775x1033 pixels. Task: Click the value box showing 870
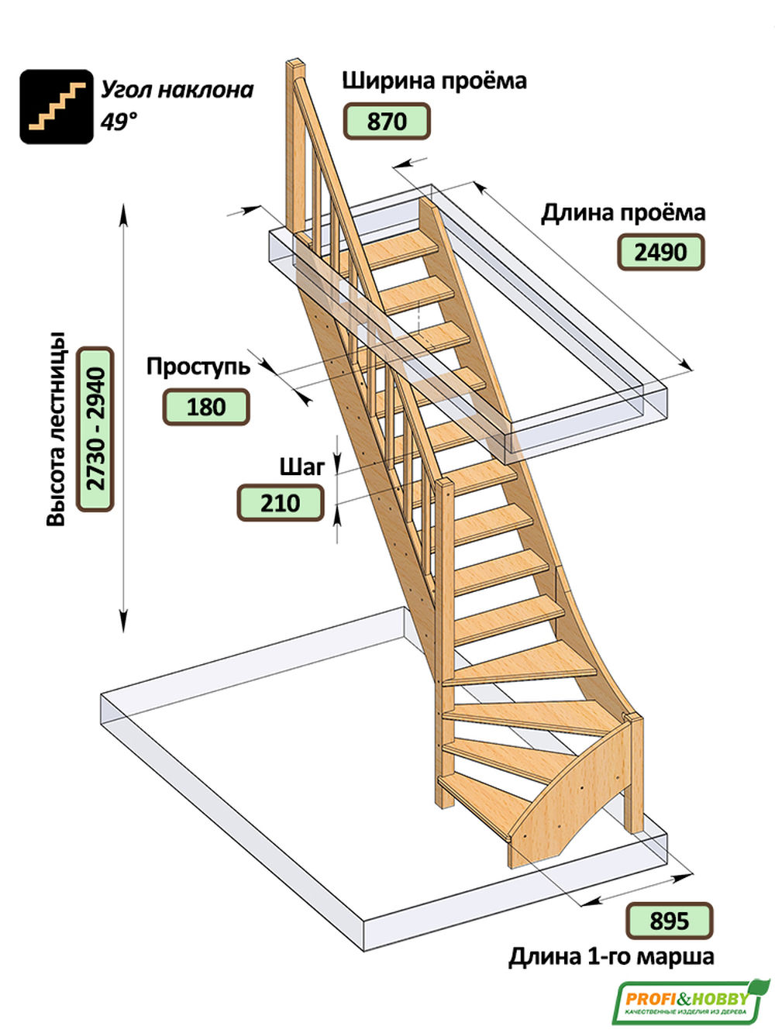pyautogui.click(x=386, y=122)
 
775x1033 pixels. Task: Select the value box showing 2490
pyautogui.click(x=660, y=253)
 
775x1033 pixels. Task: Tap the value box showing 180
pyautogui.click(x=205, y=407)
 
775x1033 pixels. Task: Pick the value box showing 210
pyautogui.click(x=280, y=503)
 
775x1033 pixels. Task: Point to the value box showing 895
pyautogui.click(x=669, y=921)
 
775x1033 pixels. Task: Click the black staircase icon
pyautogui.click(x=56, y=106)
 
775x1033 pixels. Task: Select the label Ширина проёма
pyautogui.click(x=434, y=81)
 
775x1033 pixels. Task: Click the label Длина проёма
pyautogui.click(x=623, y=212)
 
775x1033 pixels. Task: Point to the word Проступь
pyautogui.click(x=198, y=366)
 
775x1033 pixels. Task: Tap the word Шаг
pyautogui.click(x=301, y=467)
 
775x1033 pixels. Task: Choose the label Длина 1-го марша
pyautogui.click(x=611, y=957)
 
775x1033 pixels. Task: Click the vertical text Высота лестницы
pyautogui.click(x=56, y=430)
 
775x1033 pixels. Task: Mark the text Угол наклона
pyautogui.click(x=177, y=90)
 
